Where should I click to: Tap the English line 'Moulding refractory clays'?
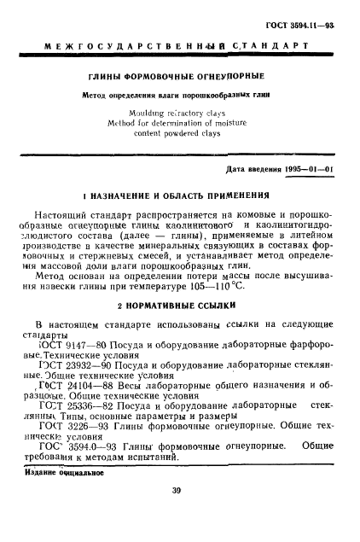click(x=180, y=112)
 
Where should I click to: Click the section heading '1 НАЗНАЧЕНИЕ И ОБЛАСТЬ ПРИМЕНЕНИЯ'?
click(x=180, y=194)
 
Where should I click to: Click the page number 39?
click(x=180, y=514)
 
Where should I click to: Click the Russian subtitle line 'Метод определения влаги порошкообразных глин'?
click(x=180, y=96)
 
